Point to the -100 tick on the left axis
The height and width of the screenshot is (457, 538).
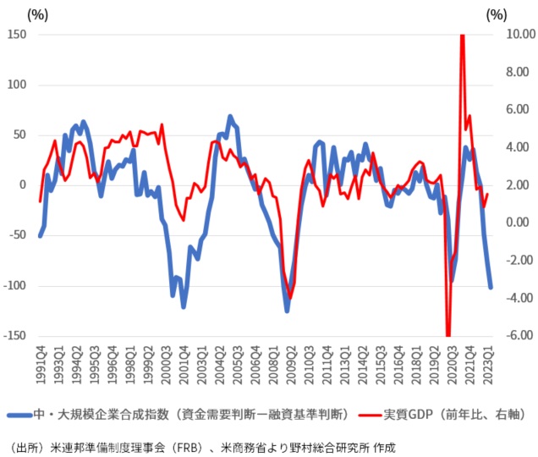tap(14, 286)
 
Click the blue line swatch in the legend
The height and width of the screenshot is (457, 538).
tap(22, 415)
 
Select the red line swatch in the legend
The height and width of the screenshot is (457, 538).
tap(371, 415)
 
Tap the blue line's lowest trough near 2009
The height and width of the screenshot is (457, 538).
tap(287, 311)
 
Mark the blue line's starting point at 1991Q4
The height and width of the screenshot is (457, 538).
tap(41, 235)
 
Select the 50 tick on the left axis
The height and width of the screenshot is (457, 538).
tap(19, 135)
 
